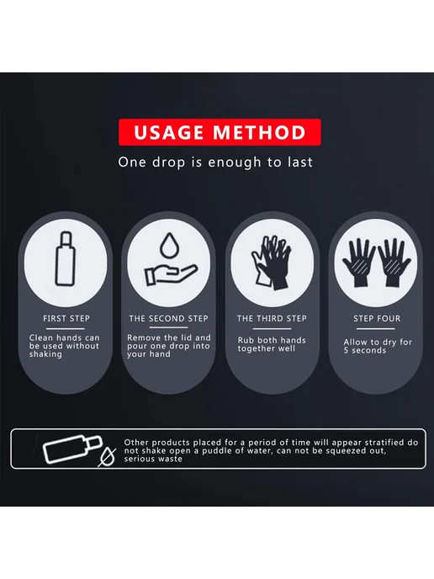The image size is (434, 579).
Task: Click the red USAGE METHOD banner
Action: [x=220, y=132]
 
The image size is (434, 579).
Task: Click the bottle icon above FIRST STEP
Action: [x=66, y=259]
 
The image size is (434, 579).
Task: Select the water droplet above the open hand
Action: [x=169, y=247]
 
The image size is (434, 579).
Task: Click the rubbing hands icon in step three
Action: [x=271, y=263]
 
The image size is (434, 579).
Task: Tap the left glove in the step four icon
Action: [x=358, y=263]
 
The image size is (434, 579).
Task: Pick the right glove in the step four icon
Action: [x=394, y=263]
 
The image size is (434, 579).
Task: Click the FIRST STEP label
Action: [x=66, y=318]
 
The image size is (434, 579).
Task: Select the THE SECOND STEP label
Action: [x=169, y=318]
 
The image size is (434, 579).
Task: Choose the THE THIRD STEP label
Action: [x=272, y=318]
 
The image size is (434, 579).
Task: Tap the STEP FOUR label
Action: [x=377, y=318]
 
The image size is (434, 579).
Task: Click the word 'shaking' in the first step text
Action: [x=45, y=354]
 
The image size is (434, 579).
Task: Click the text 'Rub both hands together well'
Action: [x=272, y=344]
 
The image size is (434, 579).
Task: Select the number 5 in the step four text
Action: [x=346, y=350]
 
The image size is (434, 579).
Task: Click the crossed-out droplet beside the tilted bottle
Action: [x=107, y=457]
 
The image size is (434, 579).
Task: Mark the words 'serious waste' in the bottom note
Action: [x=153, y=459]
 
